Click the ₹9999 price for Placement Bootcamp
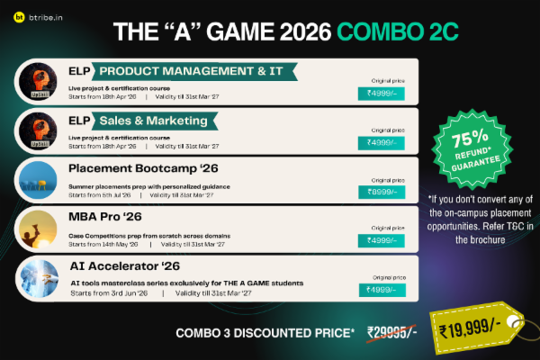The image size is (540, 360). tap(382, 191)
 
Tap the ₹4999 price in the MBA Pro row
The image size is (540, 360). tap(382, 240)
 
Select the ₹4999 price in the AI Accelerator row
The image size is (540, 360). tap(382, 289)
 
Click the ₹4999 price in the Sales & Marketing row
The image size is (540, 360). tap(382, 142)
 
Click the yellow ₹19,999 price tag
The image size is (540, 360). tap(467, 331)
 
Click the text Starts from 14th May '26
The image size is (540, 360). tap(102, 243)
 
